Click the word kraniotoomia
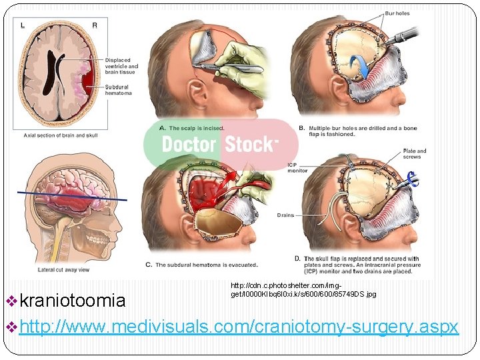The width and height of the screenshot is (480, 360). [x=72, y=301]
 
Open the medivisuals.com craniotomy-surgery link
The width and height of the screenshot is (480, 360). [x=239, y=327]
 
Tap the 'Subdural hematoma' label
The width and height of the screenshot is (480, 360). [x=118, y=90]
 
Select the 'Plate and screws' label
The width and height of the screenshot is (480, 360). [x=414, y=154]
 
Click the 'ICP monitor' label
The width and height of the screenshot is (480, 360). [x=297, y=167]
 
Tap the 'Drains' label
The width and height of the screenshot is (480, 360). [x=285, y=215]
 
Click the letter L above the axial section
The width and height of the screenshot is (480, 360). [x=23, y=25]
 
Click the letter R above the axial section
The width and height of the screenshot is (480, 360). [x=94, y=25]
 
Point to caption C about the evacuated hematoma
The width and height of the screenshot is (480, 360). [x=201, y=265]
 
